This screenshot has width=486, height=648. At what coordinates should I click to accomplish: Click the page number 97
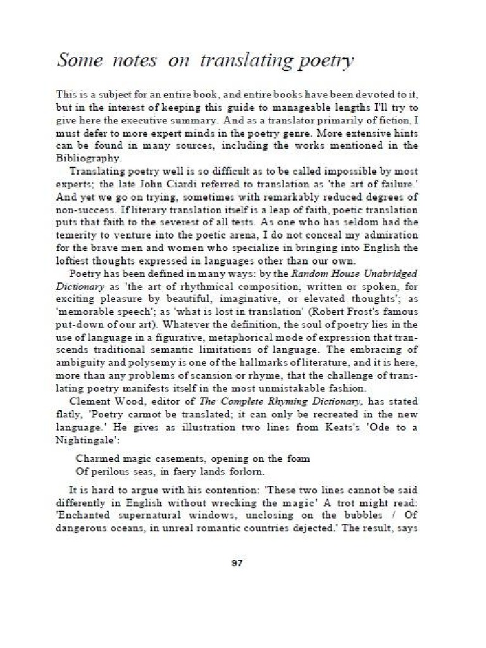(x=238, y=563)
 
